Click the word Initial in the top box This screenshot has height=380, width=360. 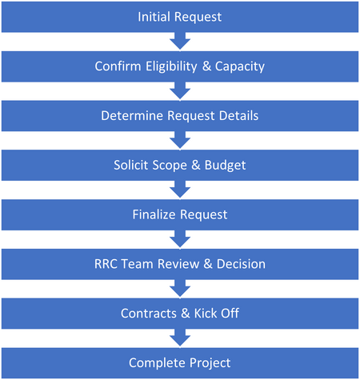pyautogui.click(x=154, y=17)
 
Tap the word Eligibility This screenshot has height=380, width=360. pyautogui.click(x=171, y=66)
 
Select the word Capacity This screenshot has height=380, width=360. pyautogui.click(x=240, y=66)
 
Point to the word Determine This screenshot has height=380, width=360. pyautogui.click(x=132, y=116)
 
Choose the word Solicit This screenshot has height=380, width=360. pyautogui.click(x=131, y=165)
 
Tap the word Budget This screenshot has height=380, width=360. pyautogui.click(x=225, y=166)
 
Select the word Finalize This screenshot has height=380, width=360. pyautogui.click(x=154, y=214)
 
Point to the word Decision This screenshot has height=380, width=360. pyautogui.click(x=241, y=264)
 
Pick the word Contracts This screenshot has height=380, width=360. pyautogui.click(x=148, y=314)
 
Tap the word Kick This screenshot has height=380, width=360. pyautogui.click(x=206, y=314)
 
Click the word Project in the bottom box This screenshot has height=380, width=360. pyautogui.click(x=210, y=363)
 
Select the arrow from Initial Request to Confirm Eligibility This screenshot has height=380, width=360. pyautogui.click(x=180, y=41)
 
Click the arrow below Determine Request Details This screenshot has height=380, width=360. pyautogui.click(x=180, y=140)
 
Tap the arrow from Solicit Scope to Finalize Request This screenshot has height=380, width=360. pyautogui.click(x=180, y=190)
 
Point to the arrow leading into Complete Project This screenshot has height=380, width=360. pyautogui.click(x=180, y=338)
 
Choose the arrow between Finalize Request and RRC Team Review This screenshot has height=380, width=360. pyautogui.click(x=180, y=239)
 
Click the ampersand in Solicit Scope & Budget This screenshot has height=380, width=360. pyautogui.click(x=196, y=165)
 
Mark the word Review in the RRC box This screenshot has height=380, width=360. pyautogui.click(x=178, y=264)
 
